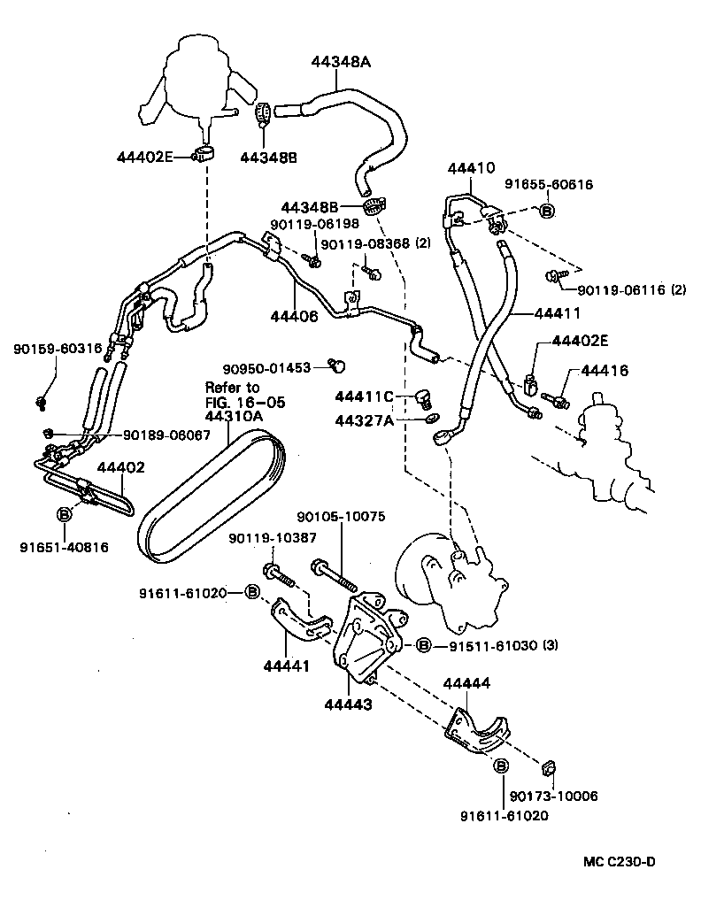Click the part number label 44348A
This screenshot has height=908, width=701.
(341, 62)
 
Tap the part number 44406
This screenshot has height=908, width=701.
(294, 314)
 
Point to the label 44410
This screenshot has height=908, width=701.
(471, 168)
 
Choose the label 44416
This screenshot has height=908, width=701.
(605, 371)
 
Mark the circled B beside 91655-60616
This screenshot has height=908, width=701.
(546, 211)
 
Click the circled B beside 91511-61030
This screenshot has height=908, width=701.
(423, 645)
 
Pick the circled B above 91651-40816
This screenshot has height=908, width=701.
(65, 514)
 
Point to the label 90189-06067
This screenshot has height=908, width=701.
(167, 435)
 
